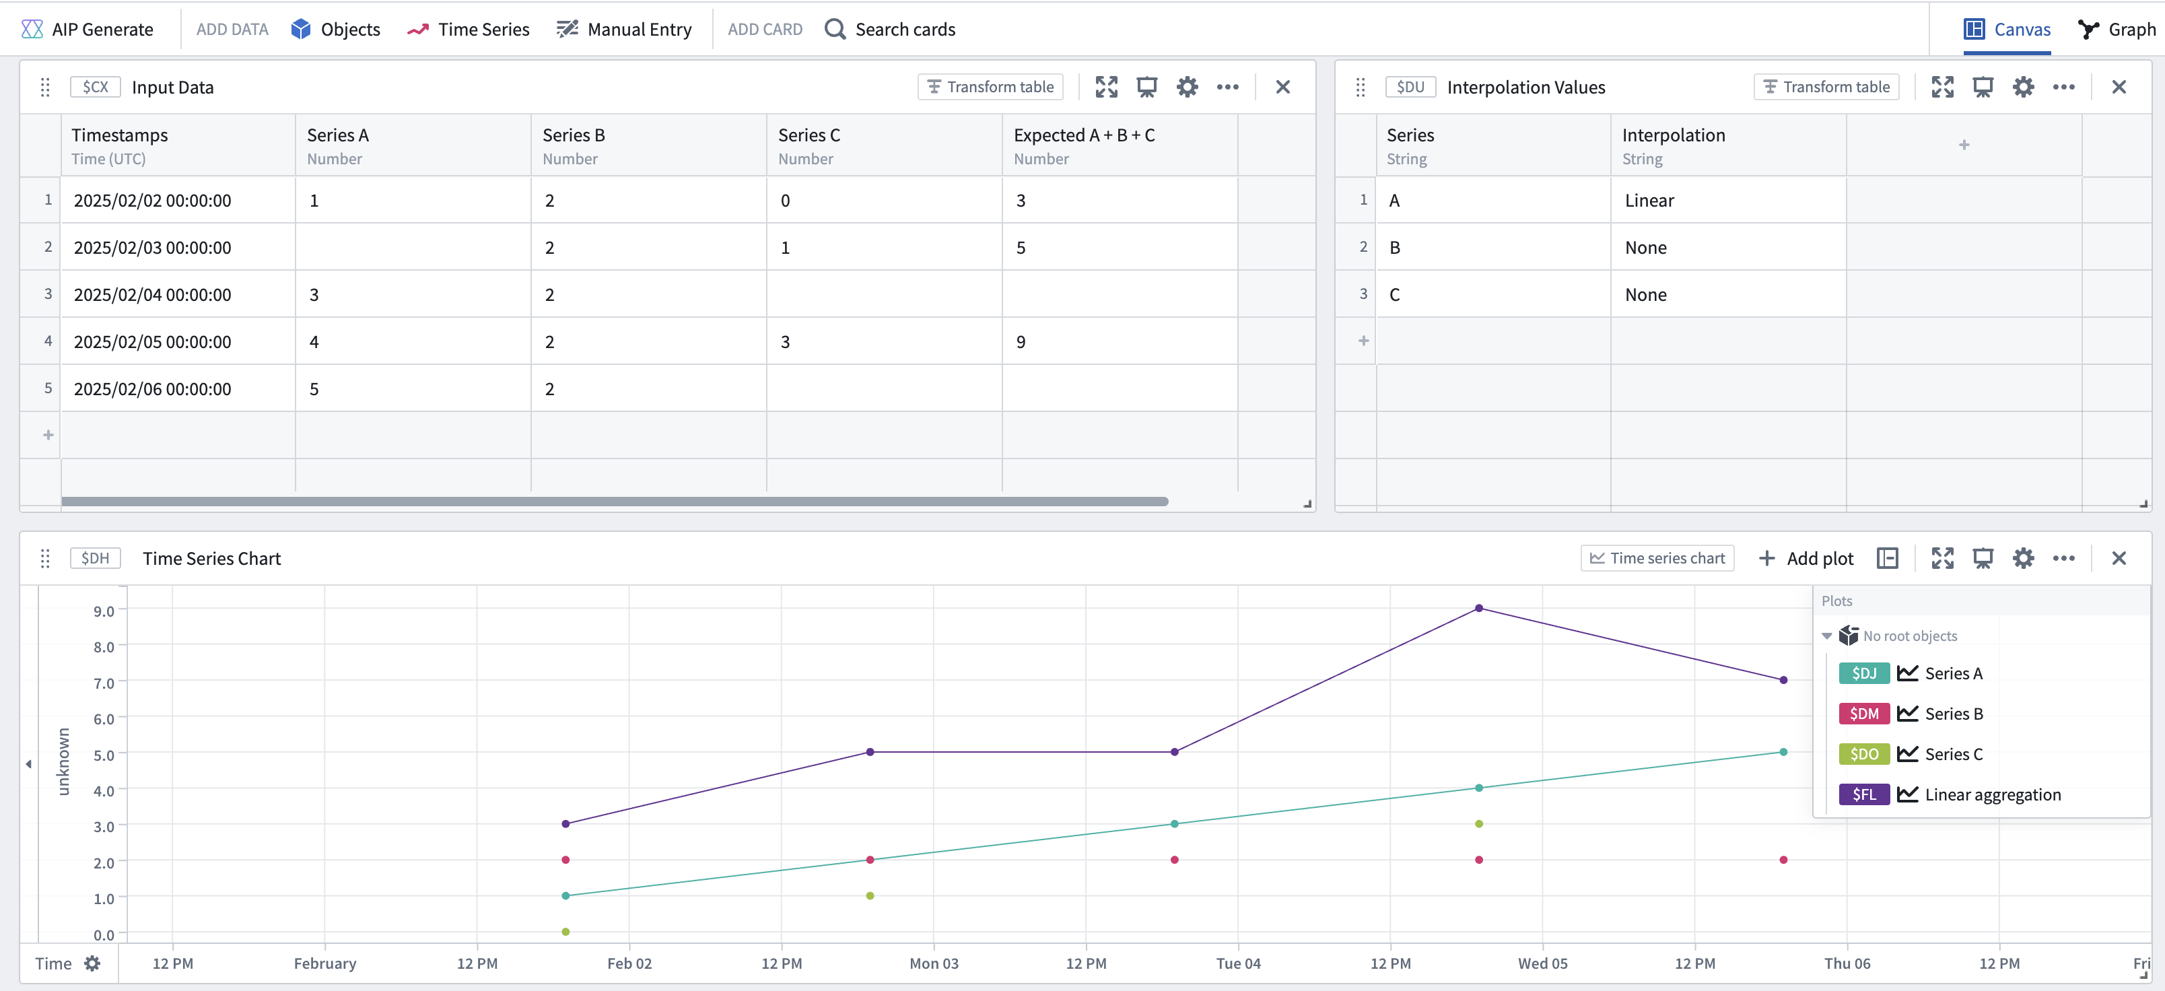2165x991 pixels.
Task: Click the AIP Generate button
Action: (88, 30)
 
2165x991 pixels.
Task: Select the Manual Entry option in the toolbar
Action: (625, 30)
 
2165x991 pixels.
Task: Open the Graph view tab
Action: (2117, 30)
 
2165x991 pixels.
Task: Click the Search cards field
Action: (890, 30)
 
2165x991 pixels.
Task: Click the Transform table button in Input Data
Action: (990, 87)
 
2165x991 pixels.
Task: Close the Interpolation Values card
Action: (2119, 87)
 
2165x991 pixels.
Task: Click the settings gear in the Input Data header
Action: (1187, 87)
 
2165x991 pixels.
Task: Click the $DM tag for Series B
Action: (1863, 714)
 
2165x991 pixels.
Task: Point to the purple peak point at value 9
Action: (1479, 608)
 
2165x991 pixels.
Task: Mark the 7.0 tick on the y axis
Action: (104, 683)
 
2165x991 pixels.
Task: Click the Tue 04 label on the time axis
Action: (1238, 963)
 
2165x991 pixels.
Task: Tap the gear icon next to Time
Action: (92, 963)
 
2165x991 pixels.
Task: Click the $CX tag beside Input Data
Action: (95, 87)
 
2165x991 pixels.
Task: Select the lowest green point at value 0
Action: (565, 931)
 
